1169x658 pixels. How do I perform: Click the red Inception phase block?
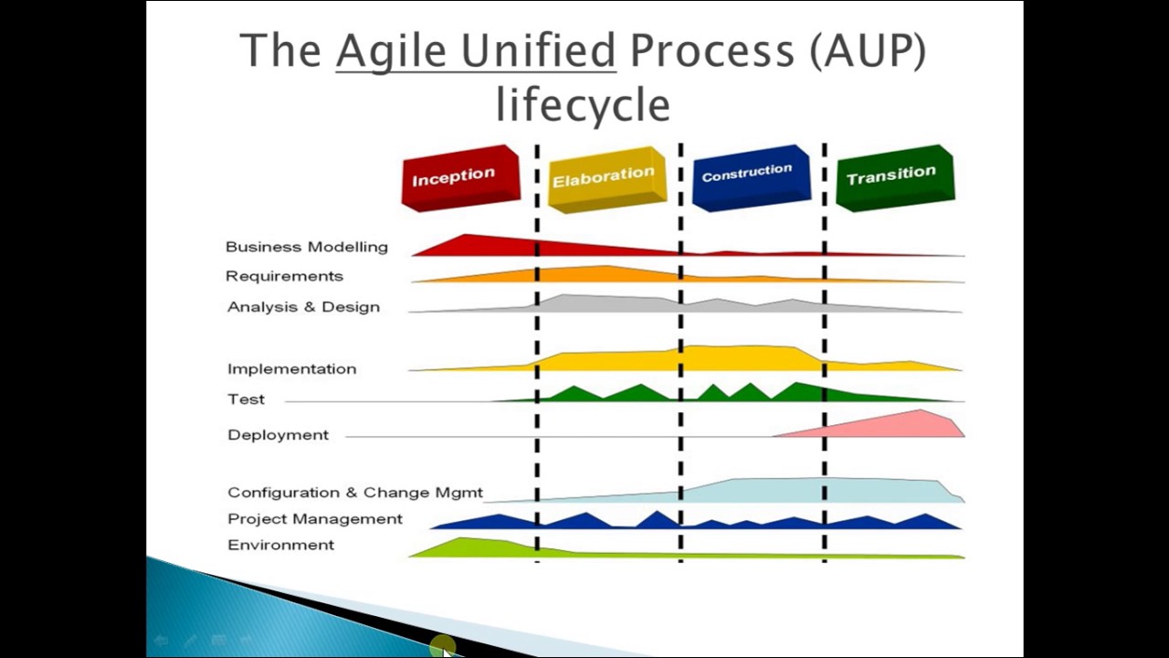coord(459,177)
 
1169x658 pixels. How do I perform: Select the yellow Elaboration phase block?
coord(605,178)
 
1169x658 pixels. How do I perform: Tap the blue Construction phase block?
coord(749,175)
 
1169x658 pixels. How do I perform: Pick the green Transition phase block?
coord(893,175)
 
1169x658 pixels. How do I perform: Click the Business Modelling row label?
coord(306,247)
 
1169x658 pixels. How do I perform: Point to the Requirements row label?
coord(284,276)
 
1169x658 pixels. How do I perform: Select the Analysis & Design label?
coord(303,307)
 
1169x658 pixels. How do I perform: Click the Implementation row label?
coord(291,369)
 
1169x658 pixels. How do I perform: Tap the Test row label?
coord(246,399)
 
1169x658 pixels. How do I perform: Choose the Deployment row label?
coord(278,435)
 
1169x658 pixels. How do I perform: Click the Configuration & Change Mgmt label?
coord(355,493)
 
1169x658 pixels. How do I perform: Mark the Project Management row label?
coord(314,519)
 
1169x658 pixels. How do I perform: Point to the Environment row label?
coord(280,545)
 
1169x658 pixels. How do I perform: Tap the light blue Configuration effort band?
coord(822,490)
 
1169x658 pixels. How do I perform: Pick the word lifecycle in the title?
coord(583,104)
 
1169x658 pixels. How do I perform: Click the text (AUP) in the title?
coord(867,51)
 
